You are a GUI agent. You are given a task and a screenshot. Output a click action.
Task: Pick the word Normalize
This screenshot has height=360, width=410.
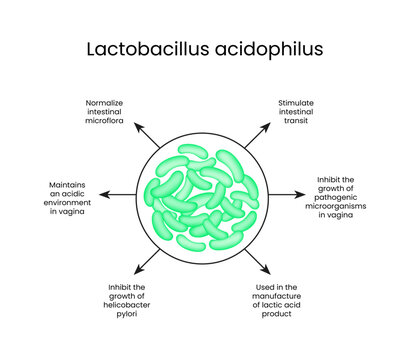coord(114,103)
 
